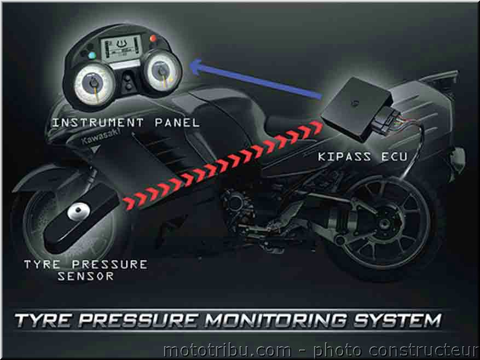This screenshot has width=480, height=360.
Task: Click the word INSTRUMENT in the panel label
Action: point(97,123)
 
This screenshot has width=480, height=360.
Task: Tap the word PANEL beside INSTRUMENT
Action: point(177,123)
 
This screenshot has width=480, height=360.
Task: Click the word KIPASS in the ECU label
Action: point(344,156)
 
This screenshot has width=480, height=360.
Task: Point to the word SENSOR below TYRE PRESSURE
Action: point(85,276)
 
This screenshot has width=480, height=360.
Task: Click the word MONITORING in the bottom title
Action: point(275,321)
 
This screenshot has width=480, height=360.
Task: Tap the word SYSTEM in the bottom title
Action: point(397,321)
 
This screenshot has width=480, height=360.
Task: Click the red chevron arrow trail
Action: point(223,165)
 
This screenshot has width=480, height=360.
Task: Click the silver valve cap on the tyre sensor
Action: point(79,212)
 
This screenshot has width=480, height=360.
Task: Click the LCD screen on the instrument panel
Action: point(122,48)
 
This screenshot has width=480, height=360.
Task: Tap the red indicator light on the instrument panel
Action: point(153,39)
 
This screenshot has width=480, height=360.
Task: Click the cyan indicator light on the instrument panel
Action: point(92,56)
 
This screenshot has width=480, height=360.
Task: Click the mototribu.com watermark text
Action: point(321,351)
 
